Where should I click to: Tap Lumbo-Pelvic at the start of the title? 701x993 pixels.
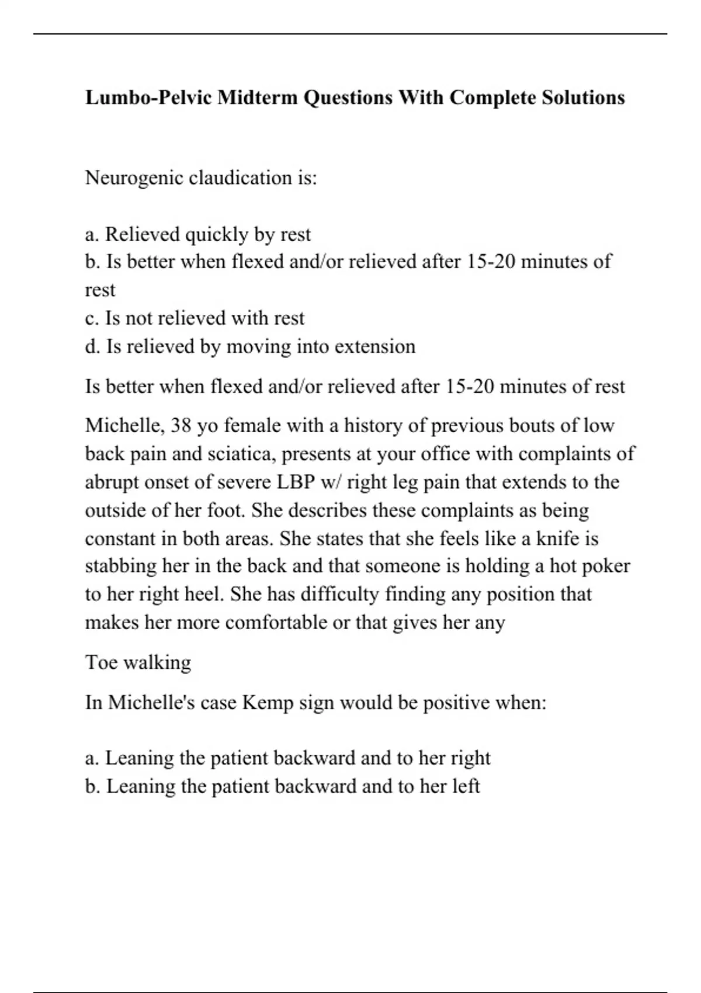click(149, 98)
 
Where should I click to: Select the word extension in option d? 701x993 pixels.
click(379, 346)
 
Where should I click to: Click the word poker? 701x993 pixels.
click(607, 566)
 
